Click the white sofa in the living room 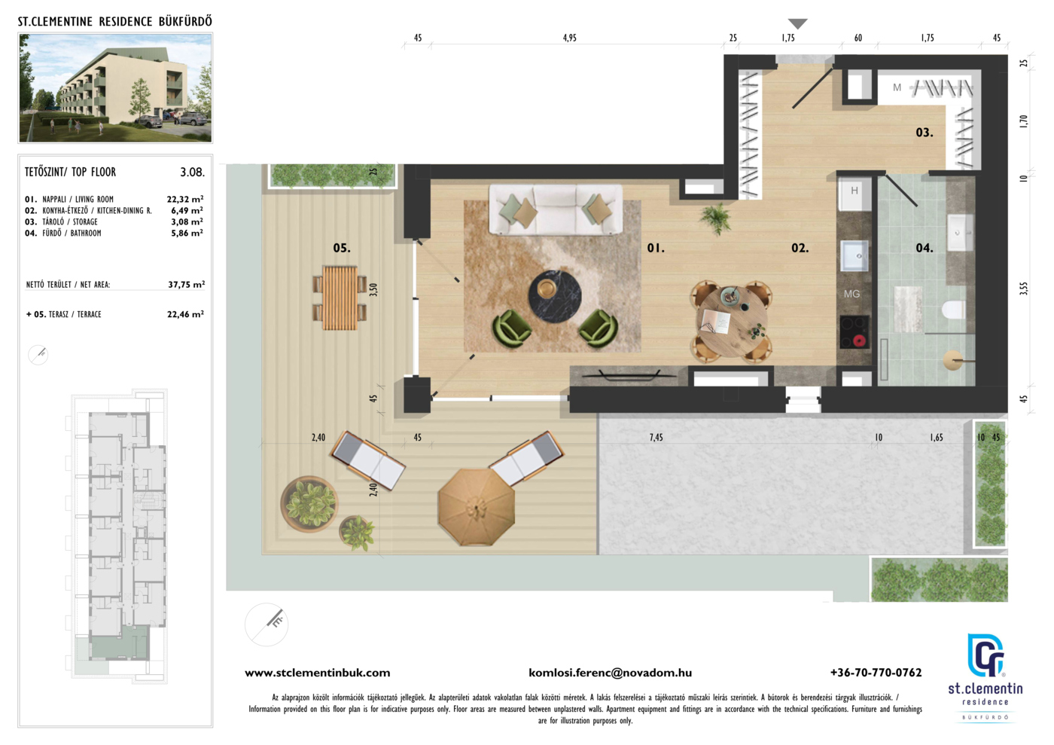[556, 209]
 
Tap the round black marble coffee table [556, 297]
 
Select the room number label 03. [925, 133]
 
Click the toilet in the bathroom [954, 310]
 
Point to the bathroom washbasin [960, 233]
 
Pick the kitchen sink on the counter [854, 256]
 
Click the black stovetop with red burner [854, 332]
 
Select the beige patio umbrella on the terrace [476, 507]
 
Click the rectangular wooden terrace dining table [340, 298]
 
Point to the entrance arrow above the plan [797, 23]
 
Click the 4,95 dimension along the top [569, 38]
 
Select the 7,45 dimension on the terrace [656, 438]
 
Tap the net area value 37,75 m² [187, 285]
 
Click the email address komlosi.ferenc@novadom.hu [611, 673]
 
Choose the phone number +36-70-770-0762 [876, 673]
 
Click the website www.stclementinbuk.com [318, 673]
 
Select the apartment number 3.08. [193, 173]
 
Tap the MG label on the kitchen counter [851, 294]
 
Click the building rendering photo [115, 87]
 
